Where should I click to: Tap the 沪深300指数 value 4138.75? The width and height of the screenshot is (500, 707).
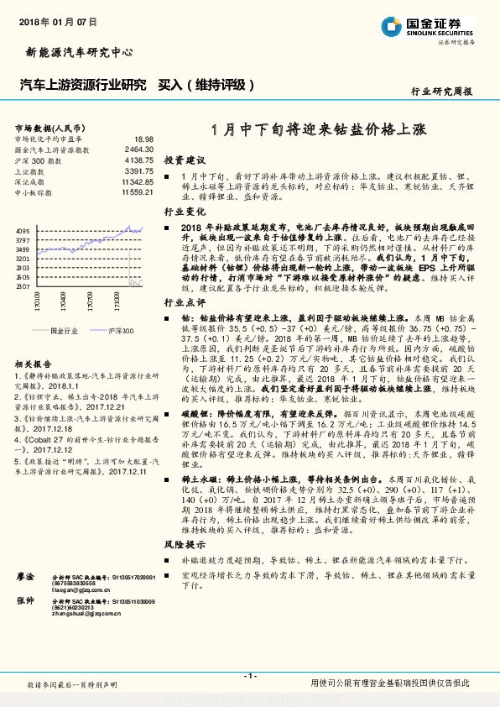pyautogui.click(x=139, y=160)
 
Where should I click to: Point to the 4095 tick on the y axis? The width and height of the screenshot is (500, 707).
pyautogui.click(x=23, y=231)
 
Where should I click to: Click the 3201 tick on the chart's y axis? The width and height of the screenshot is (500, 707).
pyautogui.click(x=23, y=259)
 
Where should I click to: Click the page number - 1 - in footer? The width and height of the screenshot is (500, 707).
pyautogui.click(x=249, y=676)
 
